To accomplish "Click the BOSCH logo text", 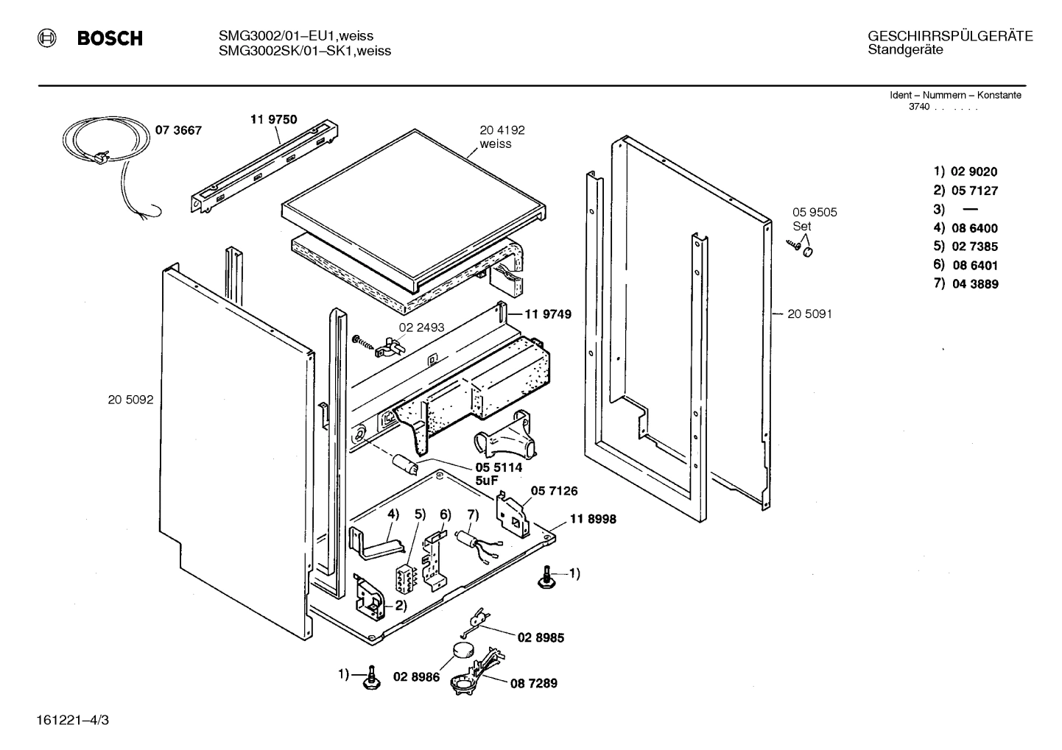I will [x=110, y=39].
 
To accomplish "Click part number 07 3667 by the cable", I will [x=177, y=130].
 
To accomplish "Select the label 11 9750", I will [x=273, y=119].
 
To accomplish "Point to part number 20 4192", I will [x=502, y=130].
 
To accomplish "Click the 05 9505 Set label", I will [x=814, y=219].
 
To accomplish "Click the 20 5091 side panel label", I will [x=809, y=314].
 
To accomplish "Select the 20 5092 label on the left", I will [x=130, y=400].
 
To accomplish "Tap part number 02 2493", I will [x=421, y=327].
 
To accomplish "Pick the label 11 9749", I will [x=548, y=314].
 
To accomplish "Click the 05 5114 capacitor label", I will [x=498, y=467].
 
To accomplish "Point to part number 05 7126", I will [x=555, y=491].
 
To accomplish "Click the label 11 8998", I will [x=592, y=519].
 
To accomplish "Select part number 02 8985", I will [x=540, y=637].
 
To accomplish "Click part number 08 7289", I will [x=533, y=683].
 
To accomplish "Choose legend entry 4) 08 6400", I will [x=966, y=228].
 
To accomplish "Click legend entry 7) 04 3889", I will [x=966, y=284].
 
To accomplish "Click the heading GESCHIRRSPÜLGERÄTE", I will [x=950, y=36].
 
